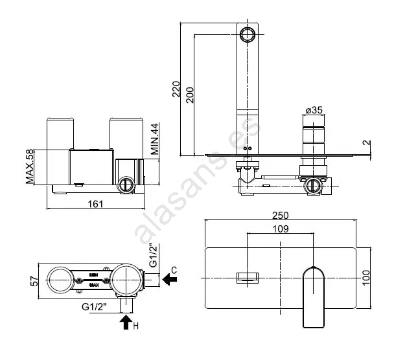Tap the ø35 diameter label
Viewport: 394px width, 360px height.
tap(313, 111)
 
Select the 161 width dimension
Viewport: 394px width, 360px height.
tap(95, 205)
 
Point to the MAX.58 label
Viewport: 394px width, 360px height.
tap(30, 166)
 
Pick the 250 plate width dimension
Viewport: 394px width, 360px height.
tap(281, 215)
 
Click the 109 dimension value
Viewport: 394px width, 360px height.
tap(281, 229)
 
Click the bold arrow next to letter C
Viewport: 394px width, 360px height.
tap(169, 280)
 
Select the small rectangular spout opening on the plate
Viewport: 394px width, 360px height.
tap(247, 277)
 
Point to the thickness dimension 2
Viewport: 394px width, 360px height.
tap(367, 142)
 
